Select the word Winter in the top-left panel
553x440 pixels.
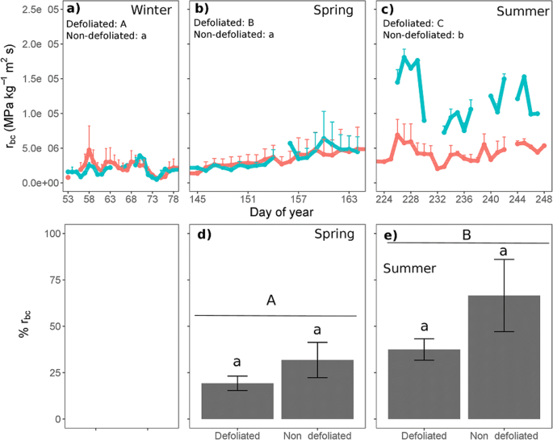(x=153, y=10)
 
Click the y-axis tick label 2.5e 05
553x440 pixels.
(x=40, y=10)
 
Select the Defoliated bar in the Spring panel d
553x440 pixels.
(x=237, y=401)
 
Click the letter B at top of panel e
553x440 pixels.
(x=465, y=232)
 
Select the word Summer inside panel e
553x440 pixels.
(x=408, y=267)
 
